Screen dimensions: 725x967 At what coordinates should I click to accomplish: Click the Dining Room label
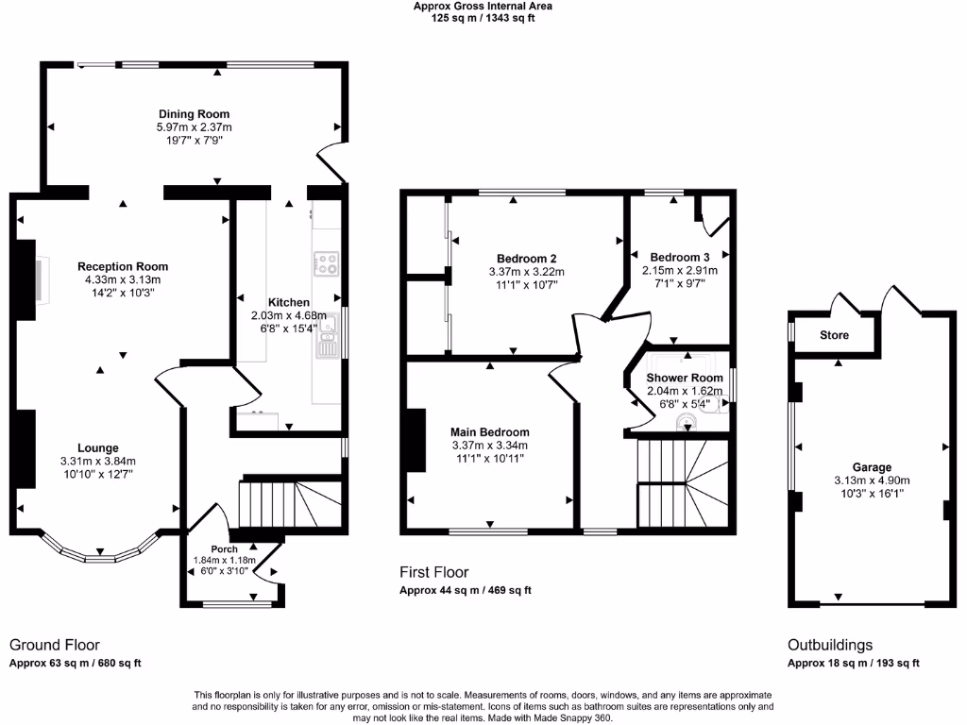pyautogui.click(x=194, y=114)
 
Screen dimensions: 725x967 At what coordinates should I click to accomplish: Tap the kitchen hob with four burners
pyautogui.click(x=327, y=263)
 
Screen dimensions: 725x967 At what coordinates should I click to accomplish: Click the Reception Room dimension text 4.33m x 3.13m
pyautogui.click(x=123, y=279)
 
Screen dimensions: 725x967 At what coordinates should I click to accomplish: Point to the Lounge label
pyautogui.click(x=98, y=447)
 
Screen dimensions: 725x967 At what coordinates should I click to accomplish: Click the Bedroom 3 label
pyautogui.click(x=680, y=257)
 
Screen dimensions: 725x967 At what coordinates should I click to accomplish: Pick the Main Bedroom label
pyautogui.click(x=489, y=432)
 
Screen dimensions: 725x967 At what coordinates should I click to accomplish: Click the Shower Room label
pyautogui.click(x=685, y=378)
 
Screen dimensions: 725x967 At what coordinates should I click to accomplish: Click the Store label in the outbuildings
pyautogui.click(x=834, y=335)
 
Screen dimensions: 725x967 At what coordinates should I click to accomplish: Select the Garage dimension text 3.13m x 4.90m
pyautogui.click(x=872, y=480)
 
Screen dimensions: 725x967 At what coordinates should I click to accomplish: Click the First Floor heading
pyautogui.click(x=434, y=572)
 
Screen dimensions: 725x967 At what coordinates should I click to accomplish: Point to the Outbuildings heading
pyautogui.click(x=830, y=645)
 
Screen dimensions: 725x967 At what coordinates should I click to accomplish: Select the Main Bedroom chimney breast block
pyautogui.click(x=414, y=440)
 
